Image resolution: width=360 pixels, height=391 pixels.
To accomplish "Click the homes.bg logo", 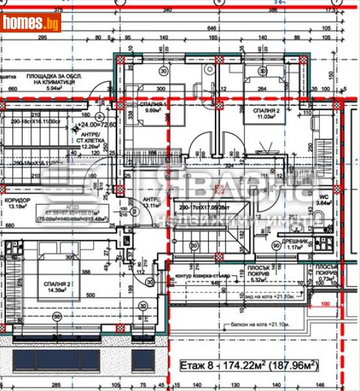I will pos(31,23).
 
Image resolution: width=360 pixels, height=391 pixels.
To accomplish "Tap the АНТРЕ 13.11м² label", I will pos(152,203).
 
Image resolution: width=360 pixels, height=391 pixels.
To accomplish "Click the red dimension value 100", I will pos(325,304).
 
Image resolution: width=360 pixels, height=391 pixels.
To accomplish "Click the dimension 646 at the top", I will pos(211,29).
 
